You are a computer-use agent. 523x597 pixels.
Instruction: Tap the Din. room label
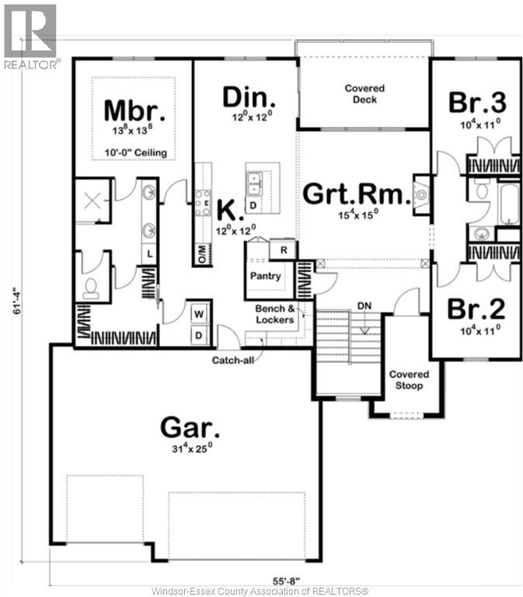249,96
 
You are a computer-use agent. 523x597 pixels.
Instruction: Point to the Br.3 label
477,102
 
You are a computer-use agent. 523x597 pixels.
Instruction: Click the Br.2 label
476,309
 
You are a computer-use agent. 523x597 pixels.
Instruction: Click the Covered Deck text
364,94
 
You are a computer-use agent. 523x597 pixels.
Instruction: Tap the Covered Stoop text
409,379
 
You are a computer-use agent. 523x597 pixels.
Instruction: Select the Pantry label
265,275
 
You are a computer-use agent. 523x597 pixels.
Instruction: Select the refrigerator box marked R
284,251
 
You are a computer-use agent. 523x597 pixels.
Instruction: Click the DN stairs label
364,305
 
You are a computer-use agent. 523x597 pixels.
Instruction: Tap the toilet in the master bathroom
91,288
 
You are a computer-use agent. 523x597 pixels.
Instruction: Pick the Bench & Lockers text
275,314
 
